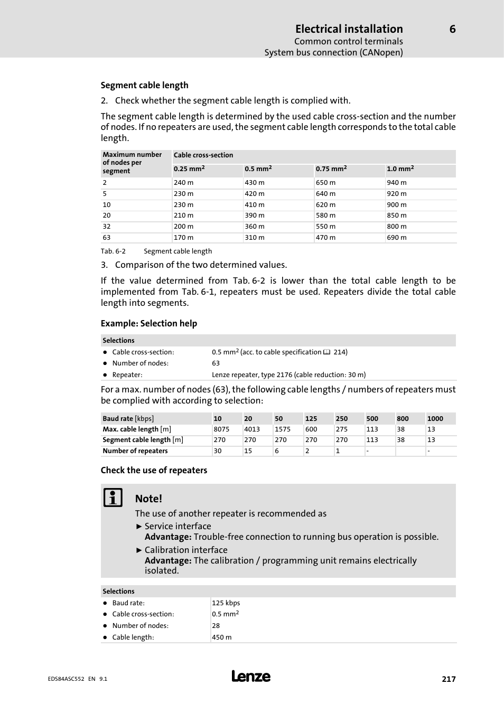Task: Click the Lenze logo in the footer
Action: click(x=251, y=677)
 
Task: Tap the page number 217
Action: click(x=449, y=679)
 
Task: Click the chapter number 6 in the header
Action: click(x=452, y=29)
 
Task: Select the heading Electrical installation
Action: click(x=349, y=29)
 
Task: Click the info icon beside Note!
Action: click(x=113, y=498)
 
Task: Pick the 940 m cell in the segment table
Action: click(x=396, y=183)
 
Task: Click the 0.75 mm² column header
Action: click(x=331, y=169)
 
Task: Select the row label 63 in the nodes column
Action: click(x=107, y=238)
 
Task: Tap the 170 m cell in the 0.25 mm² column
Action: click(x=183, y=238)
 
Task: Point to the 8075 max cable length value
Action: click(x=221, y=429)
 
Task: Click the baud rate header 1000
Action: click(x=435, y=419)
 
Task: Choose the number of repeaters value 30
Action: click(x=218, y=451)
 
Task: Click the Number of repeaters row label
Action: click(x=135, y=451)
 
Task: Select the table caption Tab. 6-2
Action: click(x=113, y=251)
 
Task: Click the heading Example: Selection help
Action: click(x=148, y=323)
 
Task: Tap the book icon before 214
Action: click(x=326, y=352)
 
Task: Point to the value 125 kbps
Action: click(x=226, y=603)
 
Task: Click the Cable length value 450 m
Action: click(x=221, y=637)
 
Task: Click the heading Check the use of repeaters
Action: click(x=154, y=470)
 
